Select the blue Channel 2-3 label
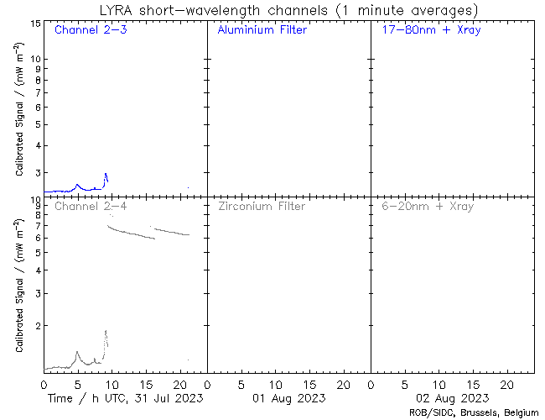click(x=91, y=30)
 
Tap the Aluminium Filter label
click(x=262, y=30)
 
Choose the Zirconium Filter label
click(x=262, y=206)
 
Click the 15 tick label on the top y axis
click(x=36, y=23)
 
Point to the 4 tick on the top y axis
click(x=37, y=144)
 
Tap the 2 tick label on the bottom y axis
click(x=37, y=325)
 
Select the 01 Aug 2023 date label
click(x=288, y=397)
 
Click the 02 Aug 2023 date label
click(x=453, y=397)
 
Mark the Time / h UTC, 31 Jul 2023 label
click(x=125, y=397)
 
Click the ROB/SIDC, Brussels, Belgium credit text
click(x=473, y=412)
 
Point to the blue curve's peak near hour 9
click(x=106, y=174)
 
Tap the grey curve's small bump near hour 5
click(x=77, y=352)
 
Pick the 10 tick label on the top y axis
click(x=36, y=59)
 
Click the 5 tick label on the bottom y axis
click(x=37, y=251)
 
